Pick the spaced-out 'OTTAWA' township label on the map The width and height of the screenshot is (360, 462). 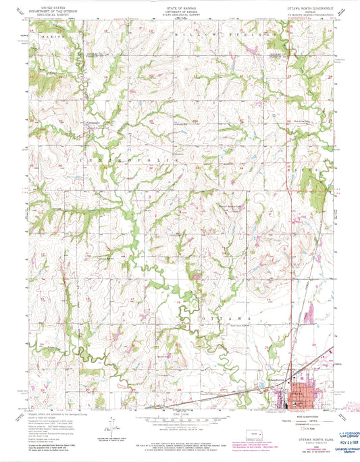pos(230,317)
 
